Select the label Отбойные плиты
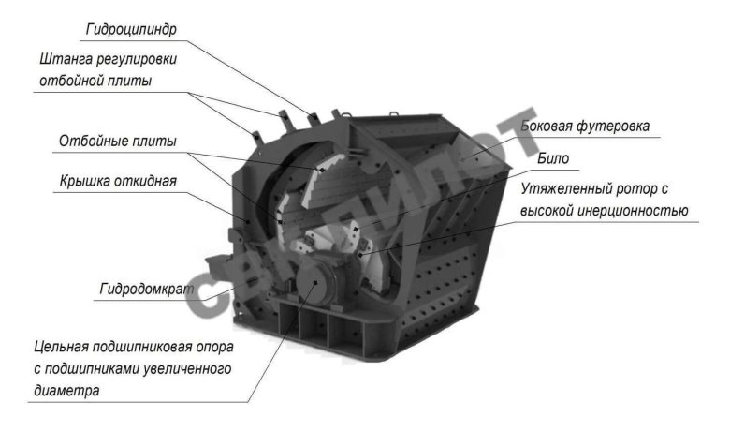pos(117,142)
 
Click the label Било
pos(553,158)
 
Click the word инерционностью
pos(634,212)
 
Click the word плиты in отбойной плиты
pos(130,81)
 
